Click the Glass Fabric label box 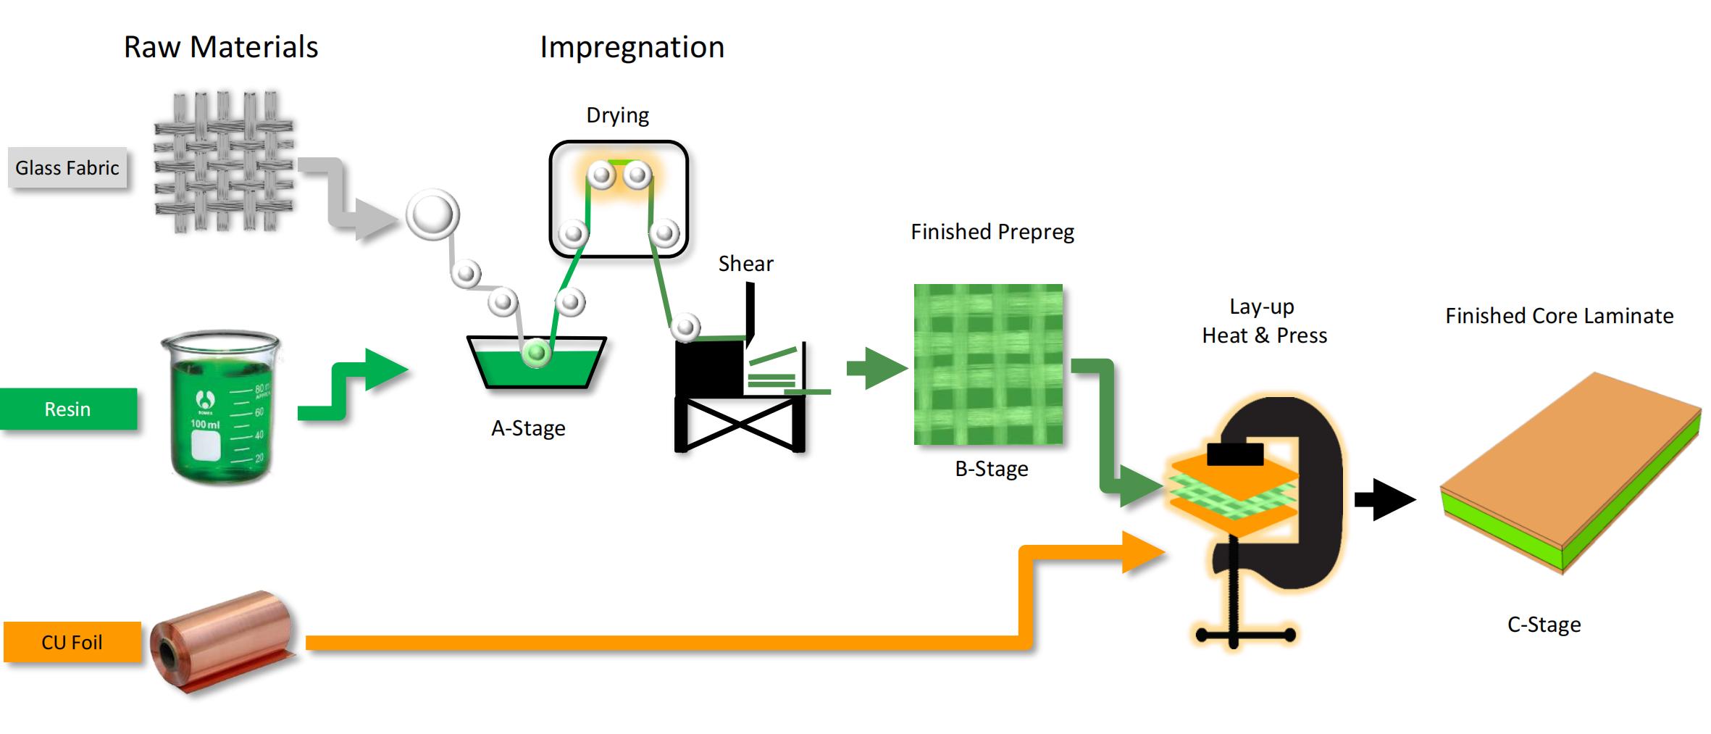click(67, 168)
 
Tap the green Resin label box click(67, 409)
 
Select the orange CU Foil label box click(72, 642)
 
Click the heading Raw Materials click(221, 47)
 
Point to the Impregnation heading click(632, 48)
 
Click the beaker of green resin click(220, 407)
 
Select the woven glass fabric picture click(224, 162)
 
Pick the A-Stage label click(528, 428)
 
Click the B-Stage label click(992, 469)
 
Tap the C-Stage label click(1544, 625)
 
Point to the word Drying click(617, 116)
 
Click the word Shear click(745, 264)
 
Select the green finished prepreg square click(988, 364)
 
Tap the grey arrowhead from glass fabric click(378, 219)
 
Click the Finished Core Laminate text click(1559, 316)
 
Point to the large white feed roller click(432, 215)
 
